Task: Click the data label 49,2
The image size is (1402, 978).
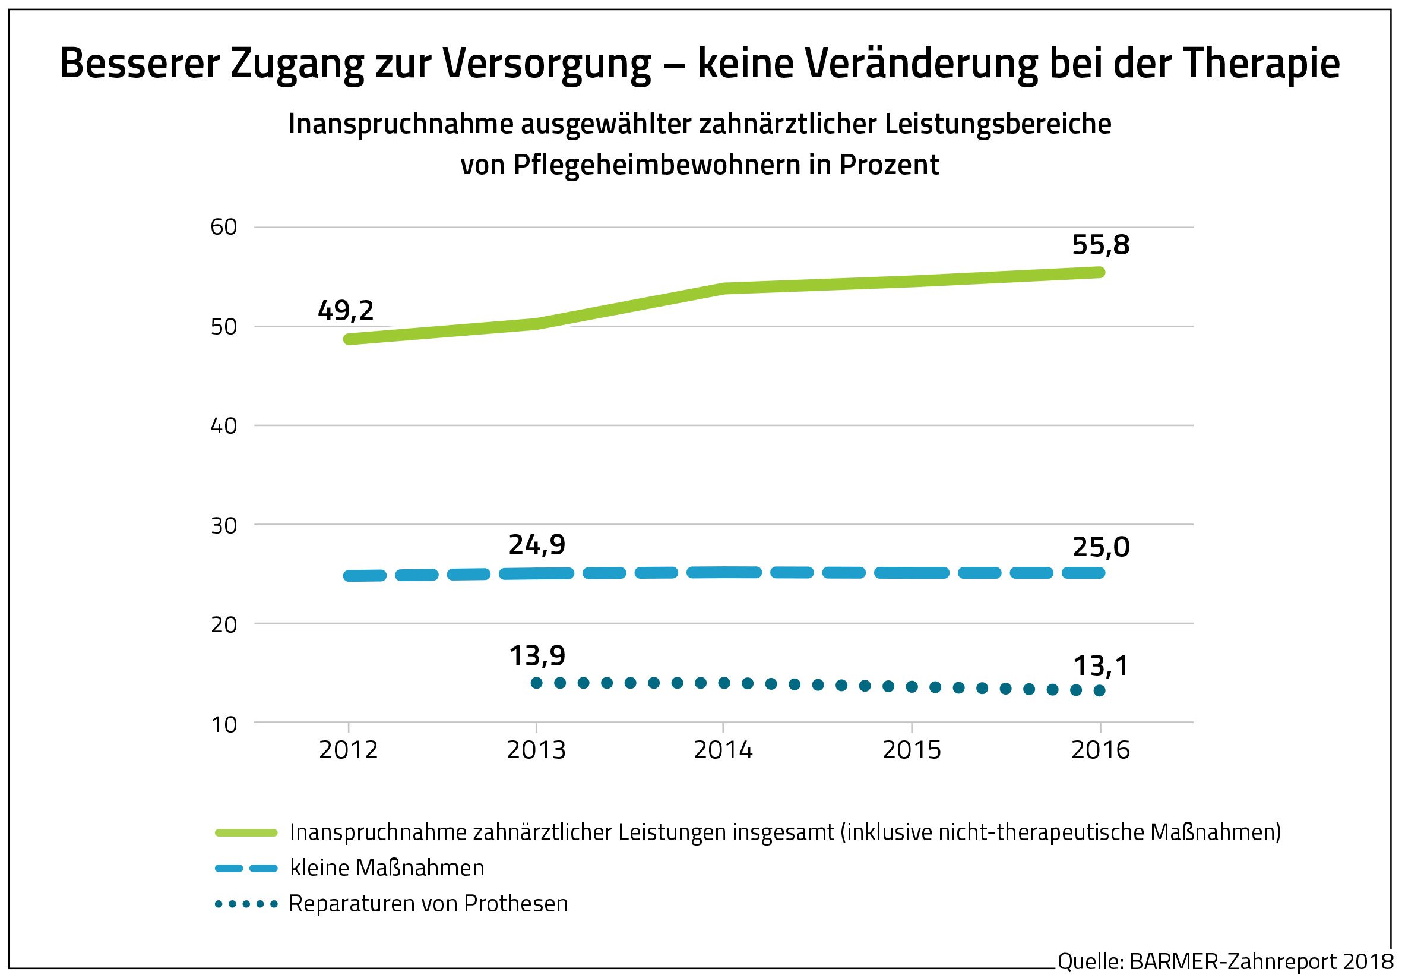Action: [x=346, y=310]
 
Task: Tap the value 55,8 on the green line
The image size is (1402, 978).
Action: [x=1100, y=245]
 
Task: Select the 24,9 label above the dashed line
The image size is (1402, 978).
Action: [x=537, y=544]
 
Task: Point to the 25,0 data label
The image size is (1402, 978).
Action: [x=1101, y=547]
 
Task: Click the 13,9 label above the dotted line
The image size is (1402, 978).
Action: [x=537, y=655]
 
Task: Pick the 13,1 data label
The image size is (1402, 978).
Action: [x=1101, y=666]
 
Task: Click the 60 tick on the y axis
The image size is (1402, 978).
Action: [x=223, y=227]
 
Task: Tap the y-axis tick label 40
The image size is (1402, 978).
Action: [x=223, y=426]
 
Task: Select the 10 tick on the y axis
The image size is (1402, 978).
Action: [x=224, y=724]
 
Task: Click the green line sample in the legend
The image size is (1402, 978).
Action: [x=246, y=832]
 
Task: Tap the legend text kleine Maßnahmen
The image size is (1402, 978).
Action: [x=387, y=867]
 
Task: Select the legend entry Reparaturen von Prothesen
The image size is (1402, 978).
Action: [x=428, y=903]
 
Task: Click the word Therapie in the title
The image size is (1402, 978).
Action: [x=1261, y=64]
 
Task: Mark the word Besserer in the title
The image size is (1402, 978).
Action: [x=140, y=64]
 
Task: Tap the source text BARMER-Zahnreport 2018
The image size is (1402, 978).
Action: [x=1261, y=961]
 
